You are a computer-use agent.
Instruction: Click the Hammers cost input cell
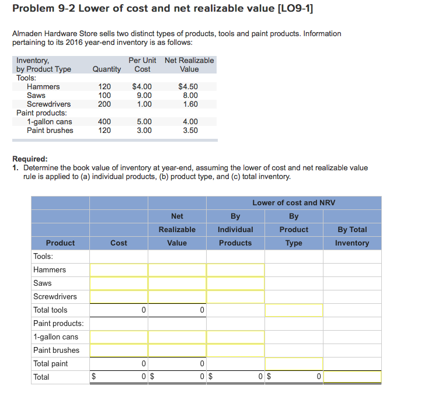coord(119,270)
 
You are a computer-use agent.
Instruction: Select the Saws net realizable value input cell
coord(177,283)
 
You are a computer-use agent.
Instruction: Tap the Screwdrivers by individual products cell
coord(235,297)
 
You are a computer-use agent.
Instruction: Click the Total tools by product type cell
coord(294,310)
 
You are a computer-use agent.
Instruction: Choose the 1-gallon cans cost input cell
coord(119,337)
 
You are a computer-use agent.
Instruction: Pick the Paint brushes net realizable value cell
coord(177,351)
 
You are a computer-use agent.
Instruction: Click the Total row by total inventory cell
coord(352,377)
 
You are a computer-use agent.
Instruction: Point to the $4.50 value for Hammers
coord(187,87)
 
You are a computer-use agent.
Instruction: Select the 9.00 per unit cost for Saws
coord(144,96)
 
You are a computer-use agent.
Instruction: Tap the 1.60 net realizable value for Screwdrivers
coord(190,104)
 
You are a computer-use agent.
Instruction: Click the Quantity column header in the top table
coord(107,69)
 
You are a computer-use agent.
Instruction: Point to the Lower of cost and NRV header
coord(294,203)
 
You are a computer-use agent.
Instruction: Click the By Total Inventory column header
coord(352,236)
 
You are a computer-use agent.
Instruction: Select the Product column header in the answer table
coord(60,243)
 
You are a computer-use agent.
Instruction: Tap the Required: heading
coord(30,159)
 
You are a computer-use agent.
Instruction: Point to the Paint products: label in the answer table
coord(58,324)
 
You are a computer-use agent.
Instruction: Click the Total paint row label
coord(51,364)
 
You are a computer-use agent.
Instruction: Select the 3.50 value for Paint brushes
coord(190,131)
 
